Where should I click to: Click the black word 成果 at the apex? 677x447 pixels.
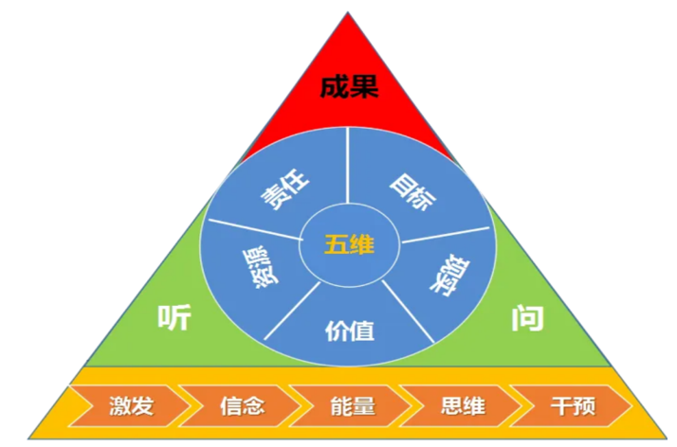[x=349, y=87]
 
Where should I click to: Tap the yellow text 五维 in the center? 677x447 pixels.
[x=349, y=245]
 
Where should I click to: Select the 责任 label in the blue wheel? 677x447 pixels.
[x=284, y=189]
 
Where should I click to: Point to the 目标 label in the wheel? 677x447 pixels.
[x=412, y=192]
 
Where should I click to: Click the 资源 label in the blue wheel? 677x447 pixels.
[x=261, y=267]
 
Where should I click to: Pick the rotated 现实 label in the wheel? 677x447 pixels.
[x=449, y=277]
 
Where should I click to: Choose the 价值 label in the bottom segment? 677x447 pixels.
[x=349, y=331]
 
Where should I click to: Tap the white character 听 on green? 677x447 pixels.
[x=174, y=318]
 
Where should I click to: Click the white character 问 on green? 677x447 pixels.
[x=527, y=319]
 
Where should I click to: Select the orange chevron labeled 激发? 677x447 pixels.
[x=130, y=406]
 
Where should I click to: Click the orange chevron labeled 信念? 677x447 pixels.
[x=240, y=406]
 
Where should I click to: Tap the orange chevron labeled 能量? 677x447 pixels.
[x=351, y=406]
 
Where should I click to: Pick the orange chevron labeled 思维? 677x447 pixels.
[x=461, y=406]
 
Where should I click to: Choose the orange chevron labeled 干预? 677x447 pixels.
[x=572, y=406]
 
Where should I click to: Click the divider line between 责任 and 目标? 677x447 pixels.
[x=348, y=165]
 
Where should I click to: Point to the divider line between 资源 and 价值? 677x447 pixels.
[x=292, y=311]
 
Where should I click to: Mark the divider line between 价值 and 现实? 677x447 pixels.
[x=408, y=312]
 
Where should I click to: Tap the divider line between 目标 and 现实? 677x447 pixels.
[x=446, y=235]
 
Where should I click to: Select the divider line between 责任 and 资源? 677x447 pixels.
[x=256, y=230]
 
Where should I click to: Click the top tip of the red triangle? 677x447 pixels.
[x=348, y=12]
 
